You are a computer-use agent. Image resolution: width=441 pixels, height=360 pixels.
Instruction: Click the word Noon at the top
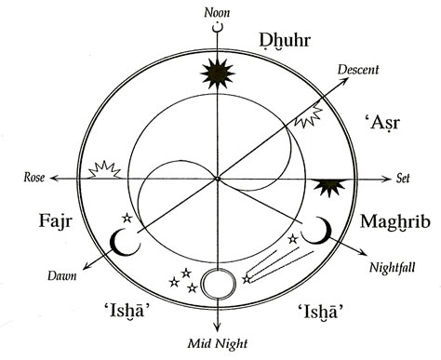[220, 12]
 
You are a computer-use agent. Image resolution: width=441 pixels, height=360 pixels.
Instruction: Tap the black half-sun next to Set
[330, 187]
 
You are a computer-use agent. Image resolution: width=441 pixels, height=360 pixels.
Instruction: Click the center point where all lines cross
[219, 178]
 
